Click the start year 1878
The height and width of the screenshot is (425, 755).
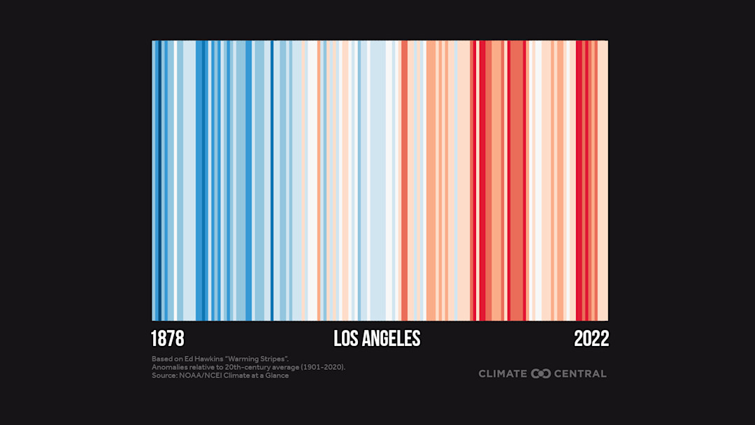click(168, 339)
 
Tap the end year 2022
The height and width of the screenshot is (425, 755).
click(591, 339)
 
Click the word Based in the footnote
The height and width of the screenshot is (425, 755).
click(161, 359)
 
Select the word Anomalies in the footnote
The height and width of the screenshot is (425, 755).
click(168, 367)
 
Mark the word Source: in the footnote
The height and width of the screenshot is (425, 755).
click(164, 375)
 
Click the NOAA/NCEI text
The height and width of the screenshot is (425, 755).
click(199, 375)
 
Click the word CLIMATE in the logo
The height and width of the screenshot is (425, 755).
click(503, 374)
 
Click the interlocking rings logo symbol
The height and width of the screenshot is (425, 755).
click(541, 374)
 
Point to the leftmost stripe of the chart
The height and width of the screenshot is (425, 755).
click(153, 180)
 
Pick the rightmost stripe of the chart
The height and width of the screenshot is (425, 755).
click(606, 180)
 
